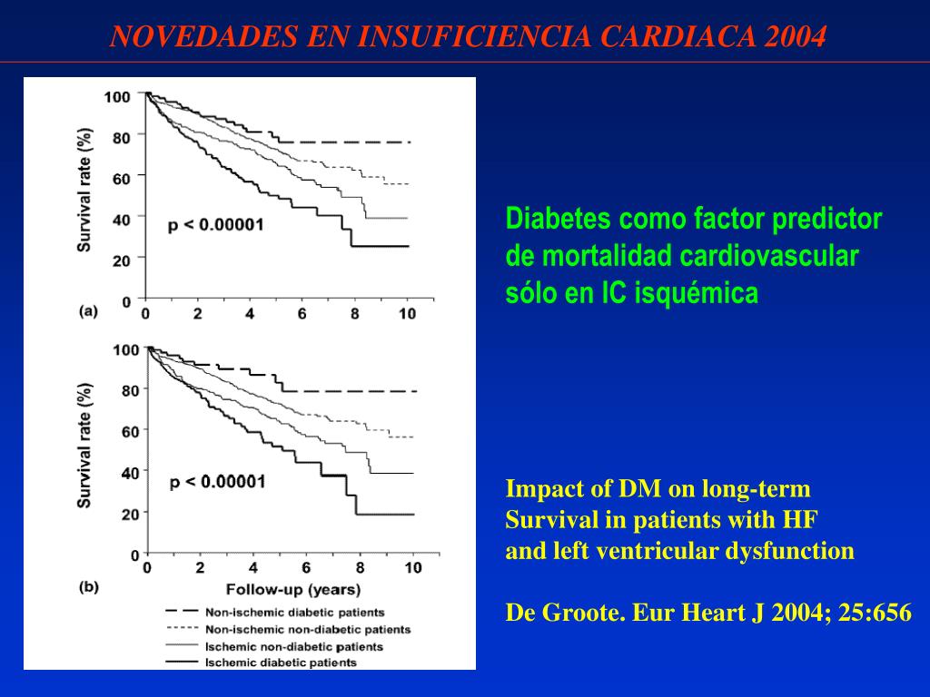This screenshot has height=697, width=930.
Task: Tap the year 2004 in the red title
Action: [796, 36]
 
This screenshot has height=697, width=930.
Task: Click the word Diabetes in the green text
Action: [559, 219]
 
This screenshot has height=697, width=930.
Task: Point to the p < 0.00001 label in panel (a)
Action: [216, 224]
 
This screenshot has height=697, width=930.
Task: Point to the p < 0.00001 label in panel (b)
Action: [218, 481]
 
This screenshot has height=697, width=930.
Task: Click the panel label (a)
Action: [88, 310]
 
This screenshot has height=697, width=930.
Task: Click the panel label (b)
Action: [89, 586]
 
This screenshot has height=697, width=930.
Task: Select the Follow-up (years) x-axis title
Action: [281, 587]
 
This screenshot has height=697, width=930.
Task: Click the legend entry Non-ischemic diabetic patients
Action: [295, 613]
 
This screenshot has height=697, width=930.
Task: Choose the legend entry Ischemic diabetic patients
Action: [282, 663]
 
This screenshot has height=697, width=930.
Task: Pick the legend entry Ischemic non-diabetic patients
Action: [294, 646]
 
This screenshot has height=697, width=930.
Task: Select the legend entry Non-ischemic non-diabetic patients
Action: [308, 629]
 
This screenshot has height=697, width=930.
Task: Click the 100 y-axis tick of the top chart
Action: [118, 94]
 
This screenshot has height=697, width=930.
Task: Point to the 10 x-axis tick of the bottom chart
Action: [413, 569]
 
